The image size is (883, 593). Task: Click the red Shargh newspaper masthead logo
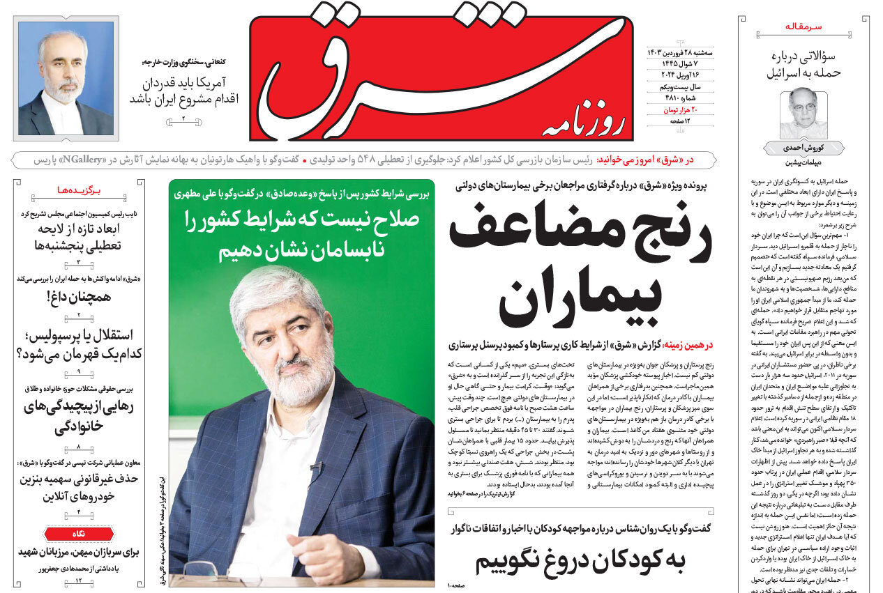[441, 78]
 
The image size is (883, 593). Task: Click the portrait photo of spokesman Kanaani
[66, 78]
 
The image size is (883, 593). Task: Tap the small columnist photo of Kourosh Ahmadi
[803, 113]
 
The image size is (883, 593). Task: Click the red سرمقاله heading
[803, 26]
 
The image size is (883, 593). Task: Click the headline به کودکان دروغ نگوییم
[580, 560]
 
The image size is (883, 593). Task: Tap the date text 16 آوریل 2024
[668, 75]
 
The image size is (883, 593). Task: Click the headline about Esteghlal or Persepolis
[78, 344]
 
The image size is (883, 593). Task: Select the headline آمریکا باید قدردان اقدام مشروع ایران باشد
[183, 91]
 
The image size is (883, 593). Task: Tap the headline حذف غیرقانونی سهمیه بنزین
[78, 487]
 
